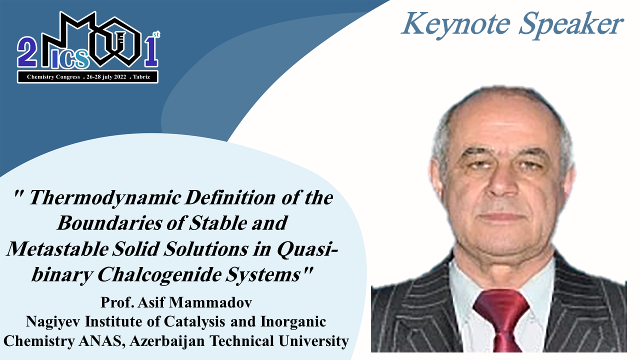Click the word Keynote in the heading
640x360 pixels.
click(456, 24)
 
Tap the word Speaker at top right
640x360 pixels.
click(571, 24)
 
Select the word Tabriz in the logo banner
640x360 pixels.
click(141, 77)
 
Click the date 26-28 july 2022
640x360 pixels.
click(106, 77)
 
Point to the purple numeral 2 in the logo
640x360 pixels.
click(27, 52)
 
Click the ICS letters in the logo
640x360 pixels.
click(70, 59)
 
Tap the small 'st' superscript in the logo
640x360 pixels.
click(156, 34)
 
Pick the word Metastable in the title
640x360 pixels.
click(57, 249)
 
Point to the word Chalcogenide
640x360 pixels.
click(159, 274)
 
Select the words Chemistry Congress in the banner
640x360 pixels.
click(53, 77)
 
